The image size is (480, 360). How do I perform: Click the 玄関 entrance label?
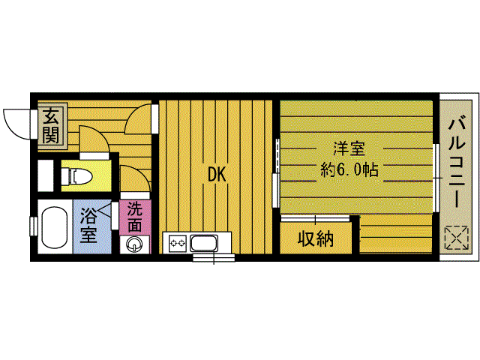50,125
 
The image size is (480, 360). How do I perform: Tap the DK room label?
217,175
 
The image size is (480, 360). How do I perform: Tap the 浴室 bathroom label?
88,226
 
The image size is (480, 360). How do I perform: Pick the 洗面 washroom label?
135,216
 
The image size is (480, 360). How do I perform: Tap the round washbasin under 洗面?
135,244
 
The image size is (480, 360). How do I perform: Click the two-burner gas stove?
177,242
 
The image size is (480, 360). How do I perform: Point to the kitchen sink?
203,242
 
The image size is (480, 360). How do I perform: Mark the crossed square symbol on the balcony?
454,238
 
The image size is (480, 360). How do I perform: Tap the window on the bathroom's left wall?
34,225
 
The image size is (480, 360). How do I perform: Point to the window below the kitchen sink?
214,257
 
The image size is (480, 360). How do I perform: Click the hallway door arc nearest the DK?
141,120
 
